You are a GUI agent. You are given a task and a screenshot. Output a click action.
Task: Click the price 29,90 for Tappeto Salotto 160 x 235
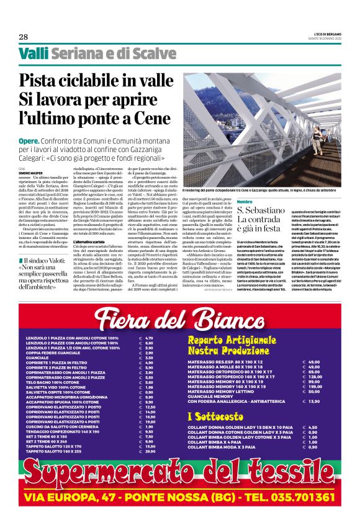pyautogui.click(x=148, y=452)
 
